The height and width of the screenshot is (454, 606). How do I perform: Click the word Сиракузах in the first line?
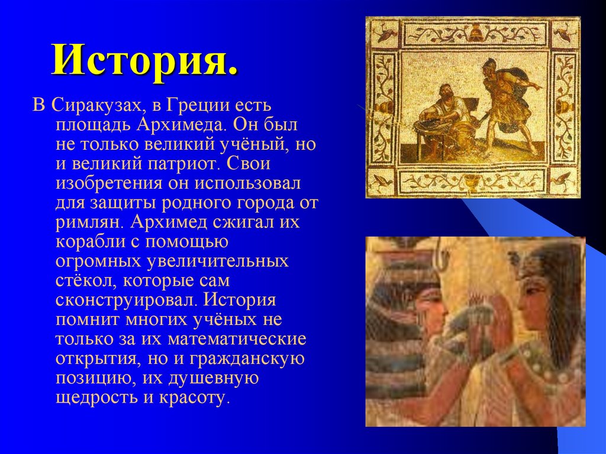(x=95, y=107)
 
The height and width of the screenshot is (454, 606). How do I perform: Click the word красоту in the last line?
(x=193, y=397)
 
